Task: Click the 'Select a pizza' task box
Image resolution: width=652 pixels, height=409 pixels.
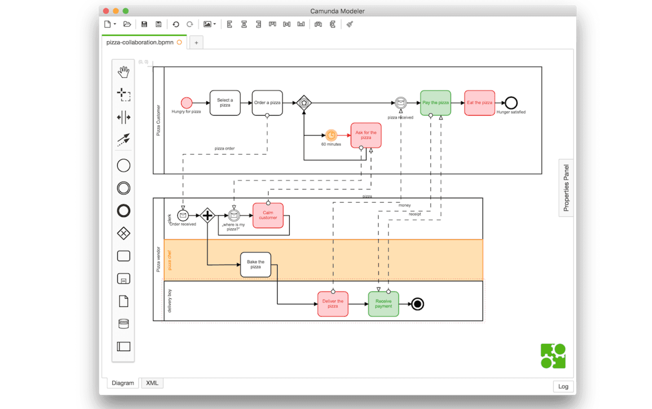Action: coord(225,103)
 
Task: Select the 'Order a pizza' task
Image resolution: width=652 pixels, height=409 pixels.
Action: coord(267,103)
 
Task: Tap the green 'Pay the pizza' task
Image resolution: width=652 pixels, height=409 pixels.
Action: coord(435,103)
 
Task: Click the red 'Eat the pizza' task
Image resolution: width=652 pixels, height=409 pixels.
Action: coord(479,103)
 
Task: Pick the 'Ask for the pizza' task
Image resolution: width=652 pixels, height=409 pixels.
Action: coord(366,135)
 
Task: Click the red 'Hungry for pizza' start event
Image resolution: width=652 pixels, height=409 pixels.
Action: coord(187,103)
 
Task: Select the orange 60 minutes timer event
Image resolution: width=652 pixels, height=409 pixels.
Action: coord(331,135)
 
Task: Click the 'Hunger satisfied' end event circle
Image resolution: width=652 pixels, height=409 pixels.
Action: coord(511,103)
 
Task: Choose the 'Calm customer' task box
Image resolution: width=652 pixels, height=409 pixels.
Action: coord(268,215)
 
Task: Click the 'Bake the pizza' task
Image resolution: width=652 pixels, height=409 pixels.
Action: coord(256,264)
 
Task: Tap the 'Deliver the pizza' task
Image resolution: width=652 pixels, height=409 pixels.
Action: coord(333,304)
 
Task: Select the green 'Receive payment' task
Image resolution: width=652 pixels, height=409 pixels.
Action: coord(383,304)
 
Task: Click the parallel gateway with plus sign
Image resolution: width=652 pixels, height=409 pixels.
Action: coord(207,215)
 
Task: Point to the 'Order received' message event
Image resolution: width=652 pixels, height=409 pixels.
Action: coord(183,215)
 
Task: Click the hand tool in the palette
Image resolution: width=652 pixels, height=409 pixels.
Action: coord(123,72)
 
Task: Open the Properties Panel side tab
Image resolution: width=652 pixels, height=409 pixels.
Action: coord(566,188)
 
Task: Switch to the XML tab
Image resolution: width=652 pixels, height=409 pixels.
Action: coord(152,383)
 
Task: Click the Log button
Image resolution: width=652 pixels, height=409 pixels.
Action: coord(563,386)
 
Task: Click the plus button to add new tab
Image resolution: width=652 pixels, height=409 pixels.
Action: coord(196,43)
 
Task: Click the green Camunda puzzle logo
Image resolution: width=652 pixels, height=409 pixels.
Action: coord(553,356)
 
